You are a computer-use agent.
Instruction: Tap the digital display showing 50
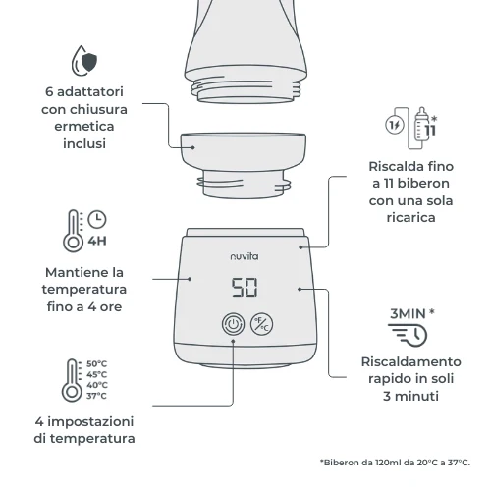click(x=245, y=289)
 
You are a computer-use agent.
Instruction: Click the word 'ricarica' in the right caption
click(x=400, y=216)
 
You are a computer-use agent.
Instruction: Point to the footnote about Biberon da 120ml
click(x=395, y=462)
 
